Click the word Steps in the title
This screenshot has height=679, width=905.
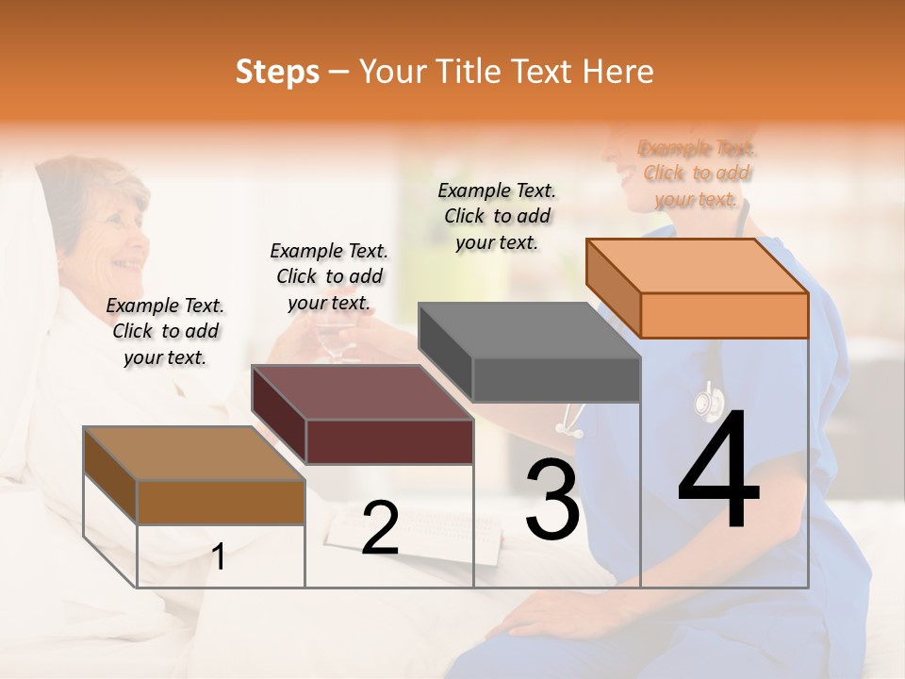277,72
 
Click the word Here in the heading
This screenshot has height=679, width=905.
617,72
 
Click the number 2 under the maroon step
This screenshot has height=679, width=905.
380,528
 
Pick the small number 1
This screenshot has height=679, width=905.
219,556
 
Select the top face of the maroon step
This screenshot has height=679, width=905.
362,392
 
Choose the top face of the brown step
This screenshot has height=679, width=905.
194,454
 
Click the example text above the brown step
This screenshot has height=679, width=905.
165,331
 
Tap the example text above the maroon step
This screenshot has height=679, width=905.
329,276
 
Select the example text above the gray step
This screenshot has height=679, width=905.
497,216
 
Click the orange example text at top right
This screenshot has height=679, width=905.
697,174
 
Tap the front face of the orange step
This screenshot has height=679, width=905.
724,315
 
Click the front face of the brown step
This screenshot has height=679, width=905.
221,502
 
